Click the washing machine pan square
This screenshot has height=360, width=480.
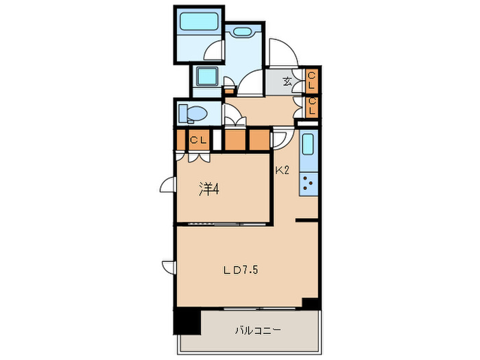point(206,77)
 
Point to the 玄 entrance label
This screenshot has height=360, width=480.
point(287,82)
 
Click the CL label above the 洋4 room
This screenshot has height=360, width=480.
point(199,140)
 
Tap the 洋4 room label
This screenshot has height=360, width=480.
point(208,189)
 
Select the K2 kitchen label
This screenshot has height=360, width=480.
point(283,171)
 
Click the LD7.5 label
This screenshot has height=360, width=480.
point(239,270)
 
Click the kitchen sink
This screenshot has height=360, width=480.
point(308,147)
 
